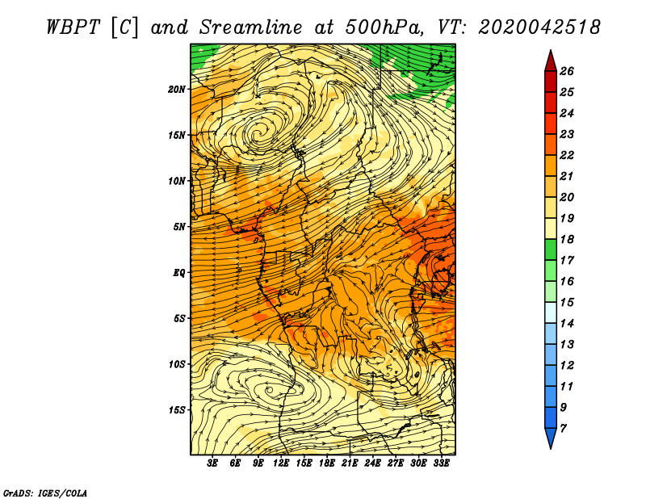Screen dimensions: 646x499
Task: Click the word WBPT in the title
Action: [x=73, y=27]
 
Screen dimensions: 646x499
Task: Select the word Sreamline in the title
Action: [x=251, y=27]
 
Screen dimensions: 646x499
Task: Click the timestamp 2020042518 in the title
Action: [x=539, y=27]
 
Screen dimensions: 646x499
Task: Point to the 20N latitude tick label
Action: [x=178, y=89]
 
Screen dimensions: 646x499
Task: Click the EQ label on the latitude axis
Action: [x=179, y=272]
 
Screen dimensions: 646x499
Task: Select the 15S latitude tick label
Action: [x=178, y=410]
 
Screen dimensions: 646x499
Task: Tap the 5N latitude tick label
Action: [x=180, y=227]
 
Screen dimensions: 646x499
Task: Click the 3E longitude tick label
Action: [x=212, y=463]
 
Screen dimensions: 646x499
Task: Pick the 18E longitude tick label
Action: [x=327, y=463]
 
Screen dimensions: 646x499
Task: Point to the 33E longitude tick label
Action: [x=441, y=463]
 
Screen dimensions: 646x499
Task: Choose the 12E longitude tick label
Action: [x=281, y=463]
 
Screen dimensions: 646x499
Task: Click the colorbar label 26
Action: [x=567, y=71]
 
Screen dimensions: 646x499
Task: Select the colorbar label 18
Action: [x=567, y=239]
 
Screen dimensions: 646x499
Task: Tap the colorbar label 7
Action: [x=563, y=428]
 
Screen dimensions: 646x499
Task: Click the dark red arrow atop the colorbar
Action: [x=551, y=62]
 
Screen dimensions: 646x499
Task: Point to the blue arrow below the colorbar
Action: [x=551, y=438]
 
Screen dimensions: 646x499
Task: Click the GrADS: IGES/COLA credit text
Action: [x=45, y=493]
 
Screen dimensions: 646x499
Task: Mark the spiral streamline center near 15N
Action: [x=258, y=133]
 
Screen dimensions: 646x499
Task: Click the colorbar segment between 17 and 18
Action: [x=551, y=249]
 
